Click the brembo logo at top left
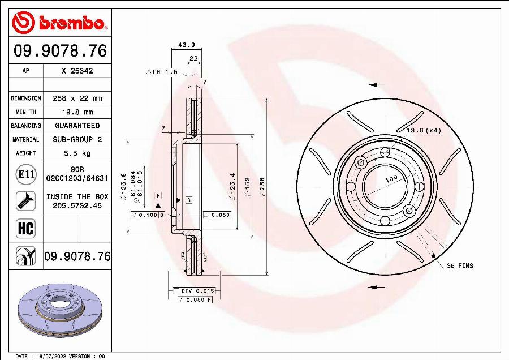pyautogui.click(x=60, y=23)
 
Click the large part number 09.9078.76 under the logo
pyautogui.click(x=60, y=52)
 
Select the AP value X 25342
pyautogui.click(x=77, y=71)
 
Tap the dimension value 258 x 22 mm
pyautogui.click(x=77, y=98)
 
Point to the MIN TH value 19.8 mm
pyautogui.click(x=77, y=112)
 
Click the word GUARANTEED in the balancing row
pyautogui.click(x=77, y=126)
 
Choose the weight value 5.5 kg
pyautogui.click(x=77, y=153)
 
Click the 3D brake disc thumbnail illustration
pyautogui.click(x=60, y=311)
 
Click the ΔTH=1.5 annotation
pyautogui.click(x=162, y=72)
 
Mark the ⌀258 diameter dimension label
pyautogui.click(x=261, y=187)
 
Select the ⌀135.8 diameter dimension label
pyautogui.click(x=124, y=187)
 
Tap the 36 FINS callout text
pyautogui.click(x=460, y=265)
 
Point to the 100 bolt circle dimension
pyautogui.click(x=391, y=179)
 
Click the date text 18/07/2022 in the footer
pyautogui.click(x=50, y=357)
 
